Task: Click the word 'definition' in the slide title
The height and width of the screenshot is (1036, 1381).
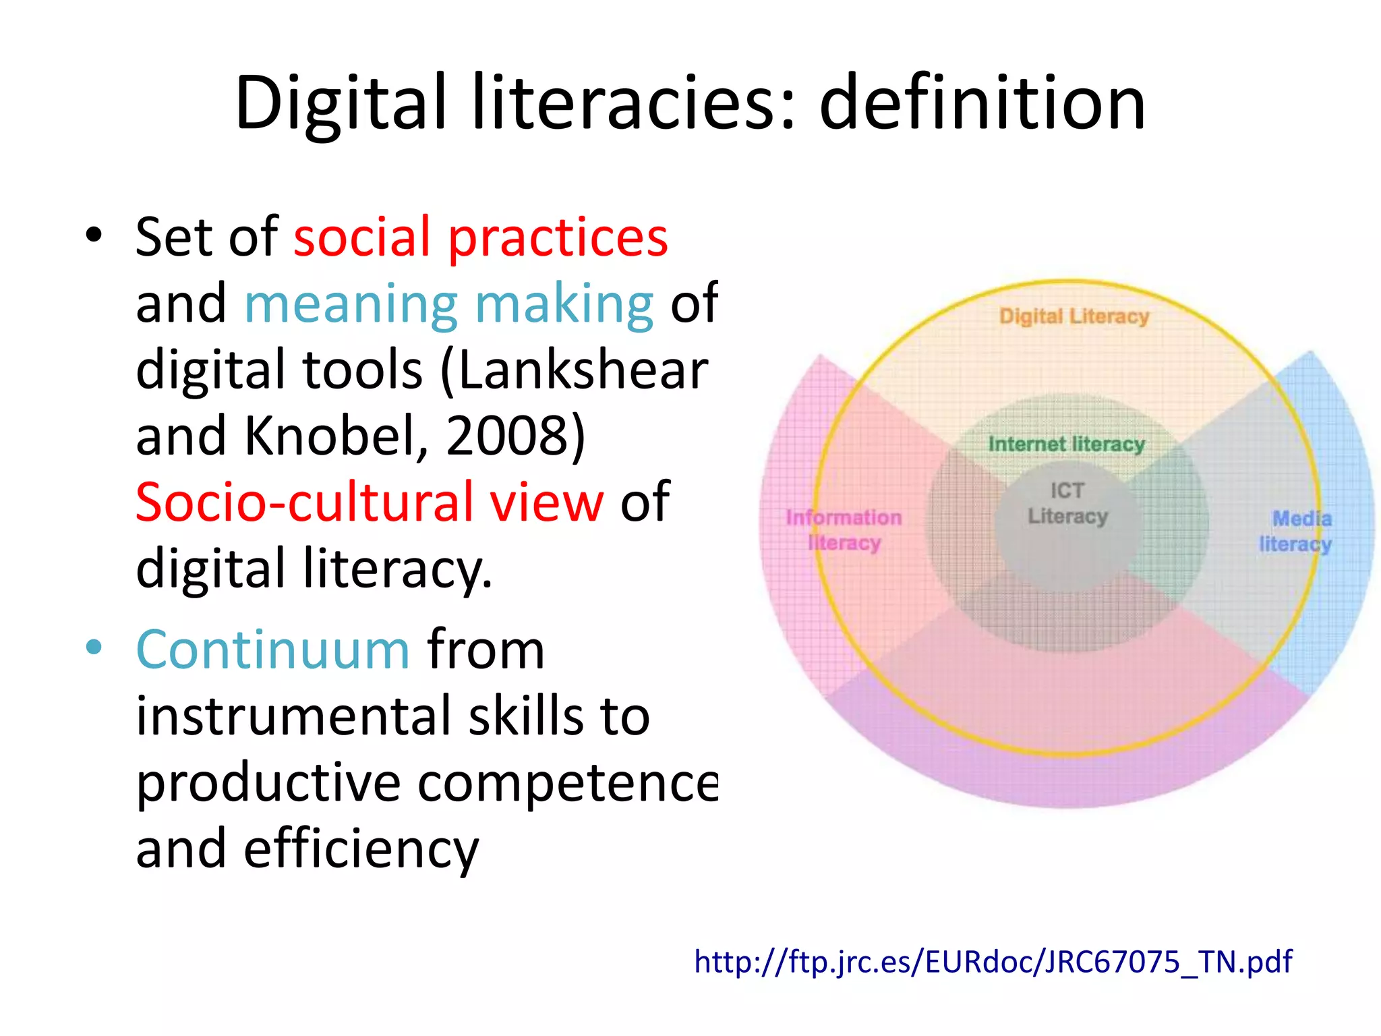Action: pyautogui.click(x=982, y=103)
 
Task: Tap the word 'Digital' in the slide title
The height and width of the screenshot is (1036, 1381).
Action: pyautogui.click(x=341, y=103)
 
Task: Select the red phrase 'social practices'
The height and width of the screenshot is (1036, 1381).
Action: pyautogui.click(x=481, y=237)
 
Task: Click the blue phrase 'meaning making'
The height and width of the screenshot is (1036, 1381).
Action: pyautogui.click(x=448, y=304)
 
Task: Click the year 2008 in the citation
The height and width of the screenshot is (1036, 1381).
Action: pyautogui.click(x=509, y=436)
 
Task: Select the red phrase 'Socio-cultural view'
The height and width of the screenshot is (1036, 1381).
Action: pyautogui.click(x=370, y=502)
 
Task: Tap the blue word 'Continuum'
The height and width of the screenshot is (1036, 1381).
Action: pyautogui.click(x=273, y=650)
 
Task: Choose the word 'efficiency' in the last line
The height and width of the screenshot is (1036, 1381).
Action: pyautogui.click(x=361, y=849)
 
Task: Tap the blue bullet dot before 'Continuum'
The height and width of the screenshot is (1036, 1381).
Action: pyautogui.click(x=94, y=647)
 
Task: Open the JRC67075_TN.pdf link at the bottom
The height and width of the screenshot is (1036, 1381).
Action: pyautogui.click(x=993, y=961)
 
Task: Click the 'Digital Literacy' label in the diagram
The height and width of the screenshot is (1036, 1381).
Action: pyautogui.click(x=1074, y=316)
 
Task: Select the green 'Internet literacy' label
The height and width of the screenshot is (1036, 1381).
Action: pyautogui.click(x=1066, y=444)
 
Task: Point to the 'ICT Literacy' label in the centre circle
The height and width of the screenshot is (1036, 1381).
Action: pyautogui.click(x=1067, y=503)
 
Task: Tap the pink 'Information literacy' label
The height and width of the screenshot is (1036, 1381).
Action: pyautogui.click(x=844, y=530)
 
